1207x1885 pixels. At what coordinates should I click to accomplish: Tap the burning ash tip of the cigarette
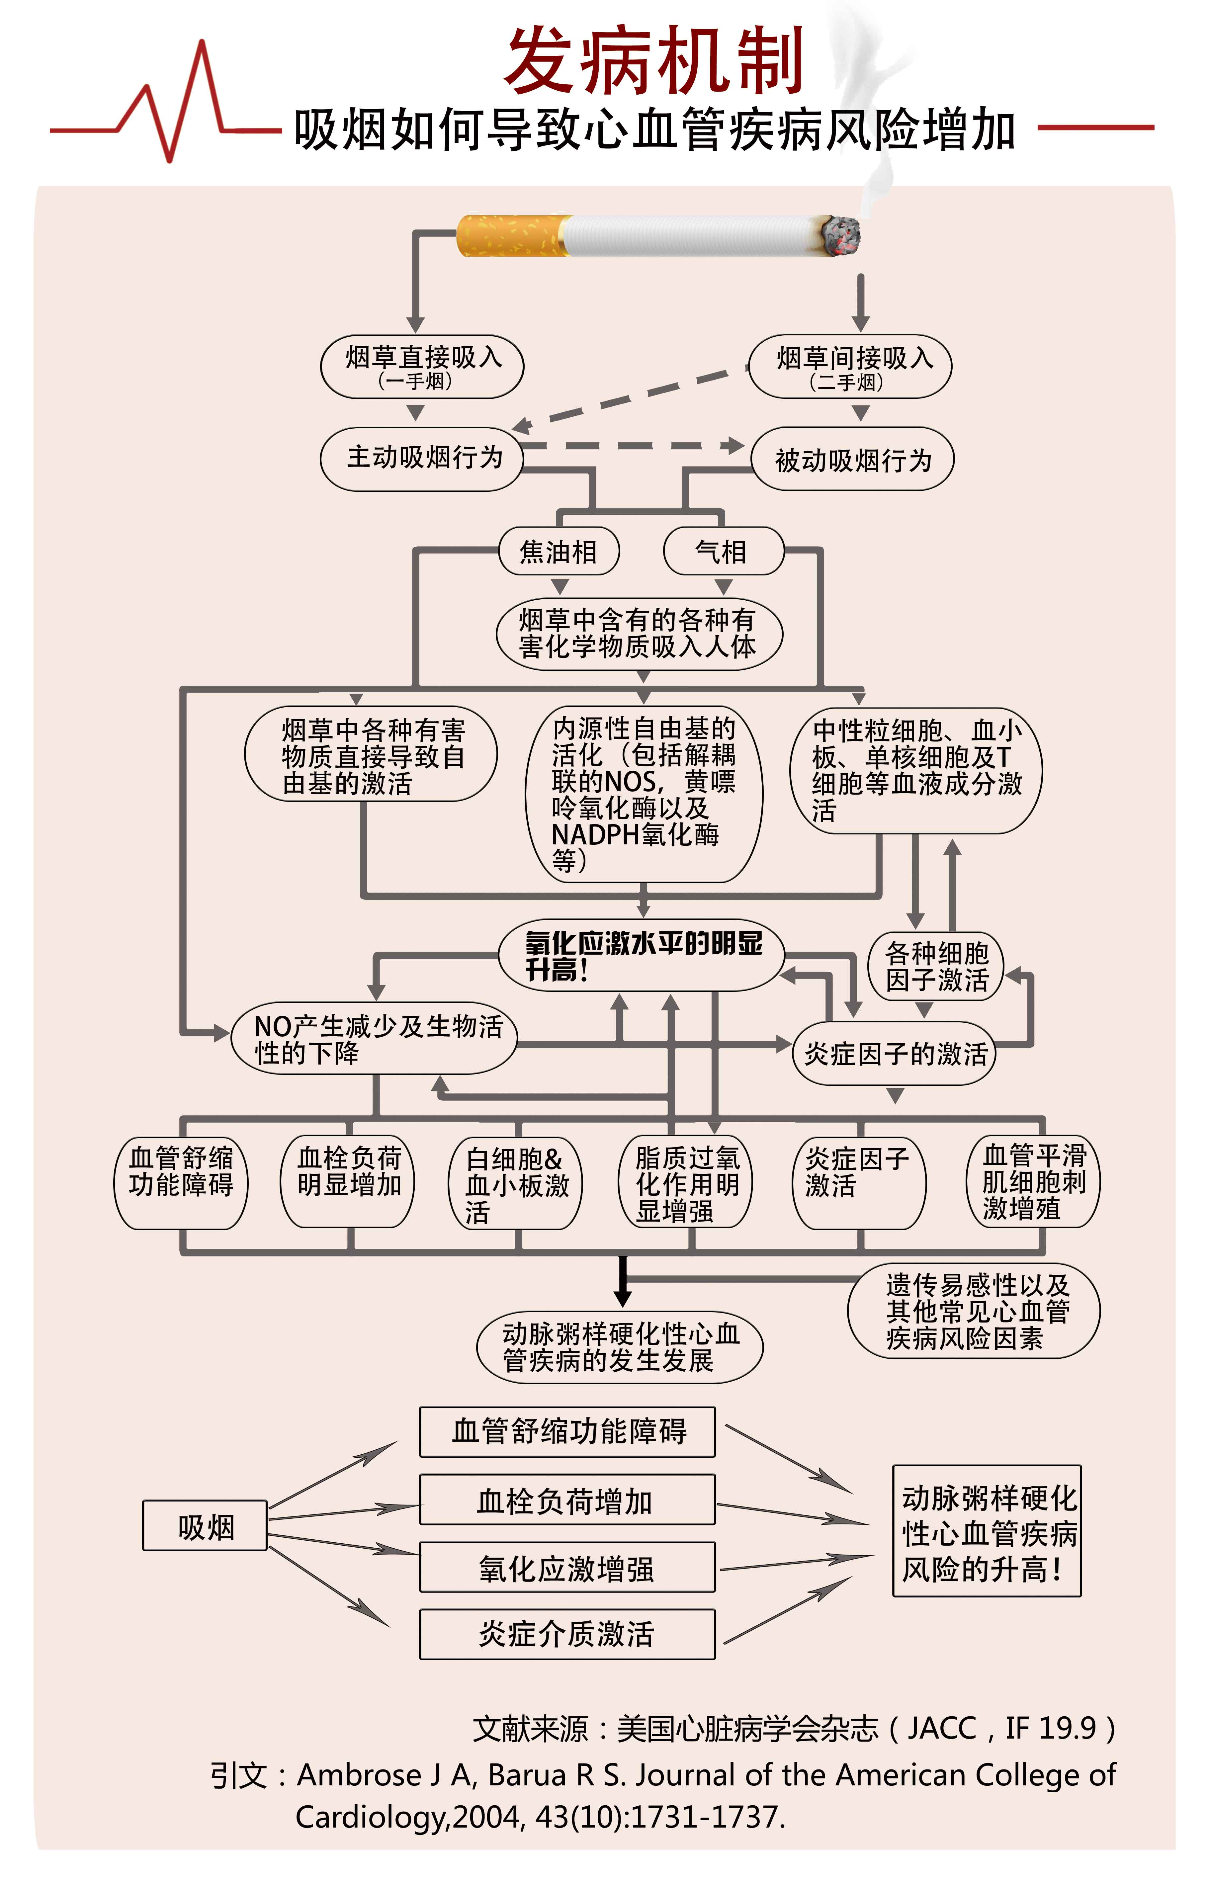[840, 235]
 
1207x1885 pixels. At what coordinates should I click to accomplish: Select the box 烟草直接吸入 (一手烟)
[422, 366]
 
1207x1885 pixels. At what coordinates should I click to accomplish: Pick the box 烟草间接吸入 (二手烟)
[850, 366]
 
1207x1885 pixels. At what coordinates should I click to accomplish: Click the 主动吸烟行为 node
[422, 459]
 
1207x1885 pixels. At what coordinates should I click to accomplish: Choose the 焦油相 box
[559, 552]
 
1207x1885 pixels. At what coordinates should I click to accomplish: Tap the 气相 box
[723, 552]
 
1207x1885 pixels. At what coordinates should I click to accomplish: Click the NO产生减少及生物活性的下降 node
[375, 1039]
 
